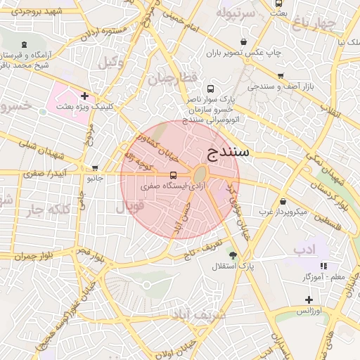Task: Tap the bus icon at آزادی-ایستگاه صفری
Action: pyautogui.click(x=173, y=175)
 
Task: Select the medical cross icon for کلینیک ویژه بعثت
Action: pyautogui.click(x=85, y=96)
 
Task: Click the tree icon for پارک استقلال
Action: pyautogui.click(x=232, y=255)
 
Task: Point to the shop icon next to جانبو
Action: pyautogui.click(x=95, y=168)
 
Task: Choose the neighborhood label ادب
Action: pyautogui.click(x=305, y=249)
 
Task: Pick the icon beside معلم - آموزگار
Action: pyautogui.click(x=323, y=266)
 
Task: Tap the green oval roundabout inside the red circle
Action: pyautogui.click(x=200, y=174)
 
